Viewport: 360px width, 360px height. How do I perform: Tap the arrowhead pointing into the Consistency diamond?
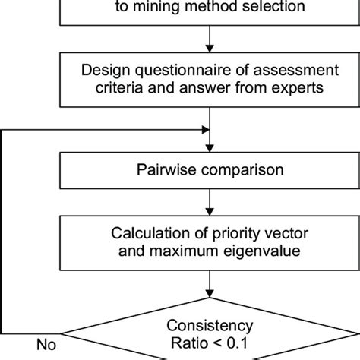[207, 300]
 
